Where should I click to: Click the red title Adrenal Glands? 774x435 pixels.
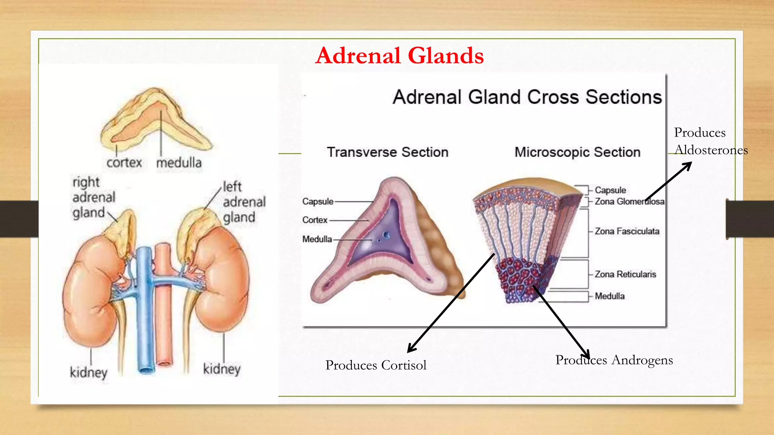coord(399,56)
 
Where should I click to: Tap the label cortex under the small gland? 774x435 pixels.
coord(124,163)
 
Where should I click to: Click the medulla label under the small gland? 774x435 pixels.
coord(179,163)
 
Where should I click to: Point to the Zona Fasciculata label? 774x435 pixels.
coord(627,231)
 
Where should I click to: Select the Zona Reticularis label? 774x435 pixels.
coord(625,274)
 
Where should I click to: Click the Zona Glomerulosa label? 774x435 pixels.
coord(629,202)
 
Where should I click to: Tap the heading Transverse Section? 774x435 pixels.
coord(387,152)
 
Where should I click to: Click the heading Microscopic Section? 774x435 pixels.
coord(577,152)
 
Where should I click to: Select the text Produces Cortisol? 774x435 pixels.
coord(376,365)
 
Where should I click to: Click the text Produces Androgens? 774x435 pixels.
coord(614,360)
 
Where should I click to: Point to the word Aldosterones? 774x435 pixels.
coord(711,150)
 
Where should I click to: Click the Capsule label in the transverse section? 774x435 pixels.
coord(318,202)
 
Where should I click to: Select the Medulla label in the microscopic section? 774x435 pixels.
coord(609,296)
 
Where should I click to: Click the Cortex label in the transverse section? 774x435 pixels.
coord(314,220)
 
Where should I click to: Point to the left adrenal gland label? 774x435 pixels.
coord(244,202)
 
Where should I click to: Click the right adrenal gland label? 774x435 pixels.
coord(93,197)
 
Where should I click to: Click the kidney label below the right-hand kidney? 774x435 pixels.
coord(221,369)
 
